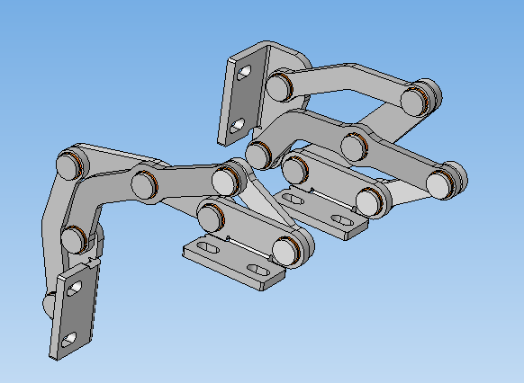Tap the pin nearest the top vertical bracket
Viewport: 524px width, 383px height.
coord(278,86)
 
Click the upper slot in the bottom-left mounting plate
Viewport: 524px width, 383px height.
coord(75,289)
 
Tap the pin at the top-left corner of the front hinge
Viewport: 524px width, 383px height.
coord(69,166)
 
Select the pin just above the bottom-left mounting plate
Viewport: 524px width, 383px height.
coord(74,239)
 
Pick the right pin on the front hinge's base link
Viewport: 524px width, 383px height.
coord(286,249)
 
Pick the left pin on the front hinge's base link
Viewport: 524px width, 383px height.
coord(211,217)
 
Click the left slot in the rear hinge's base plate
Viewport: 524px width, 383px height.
coord(294,197)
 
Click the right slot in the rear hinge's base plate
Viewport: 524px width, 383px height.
coord(341,218)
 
